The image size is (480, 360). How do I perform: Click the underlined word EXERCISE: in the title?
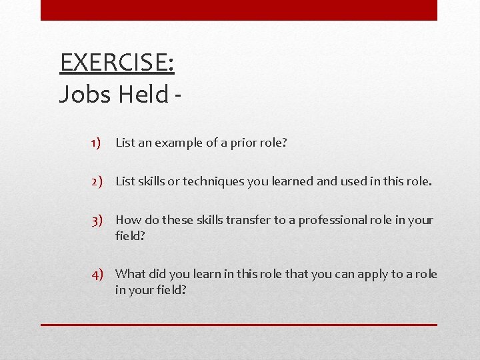(117, 63)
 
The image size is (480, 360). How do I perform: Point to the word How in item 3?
(127, 219)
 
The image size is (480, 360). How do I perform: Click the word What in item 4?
(130, 273)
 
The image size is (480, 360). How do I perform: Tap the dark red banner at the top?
(239, 10)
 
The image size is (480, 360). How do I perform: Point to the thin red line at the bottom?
(239, 325)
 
